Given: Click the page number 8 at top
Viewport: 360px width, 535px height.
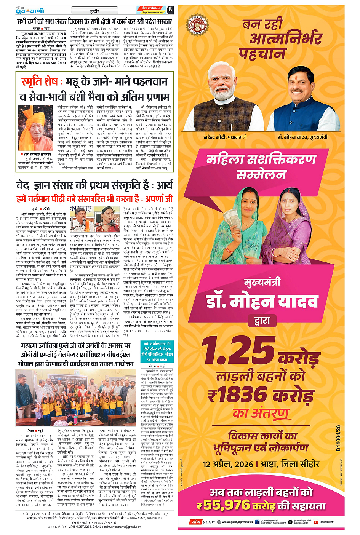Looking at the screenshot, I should [170, 10].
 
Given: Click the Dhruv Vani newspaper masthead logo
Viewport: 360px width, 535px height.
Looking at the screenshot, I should [30, 10].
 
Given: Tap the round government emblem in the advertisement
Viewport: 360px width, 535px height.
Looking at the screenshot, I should [197, 25].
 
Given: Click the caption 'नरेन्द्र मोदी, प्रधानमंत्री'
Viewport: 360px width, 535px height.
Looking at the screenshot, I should [225, 137].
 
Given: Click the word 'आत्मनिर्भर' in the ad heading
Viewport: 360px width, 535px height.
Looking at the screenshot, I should [286, 38].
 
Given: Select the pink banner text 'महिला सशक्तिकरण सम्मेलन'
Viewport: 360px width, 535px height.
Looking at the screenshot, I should [261, 166].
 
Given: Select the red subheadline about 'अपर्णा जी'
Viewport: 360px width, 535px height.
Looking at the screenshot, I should [94, 199].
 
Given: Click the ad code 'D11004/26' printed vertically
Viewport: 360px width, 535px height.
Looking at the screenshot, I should [338, 438].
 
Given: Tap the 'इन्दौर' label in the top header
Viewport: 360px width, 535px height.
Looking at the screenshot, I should [94, 12].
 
